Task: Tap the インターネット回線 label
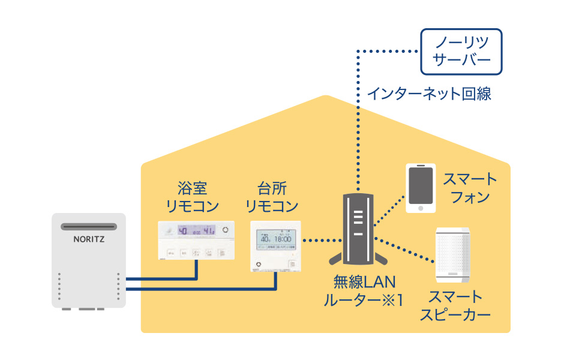point(428,94)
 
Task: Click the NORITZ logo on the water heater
point(89,238)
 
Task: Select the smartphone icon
point(420,188)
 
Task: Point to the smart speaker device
point(454,254)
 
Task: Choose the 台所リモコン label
point(272,197)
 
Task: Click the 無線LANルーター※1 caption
point(362,290)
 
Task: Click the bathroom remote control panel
point(194,241)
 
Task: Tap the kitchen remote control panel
point(276,247)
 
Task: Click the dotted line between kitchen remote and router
point(320,241)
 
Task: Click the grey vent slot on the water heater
point(89,226)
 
